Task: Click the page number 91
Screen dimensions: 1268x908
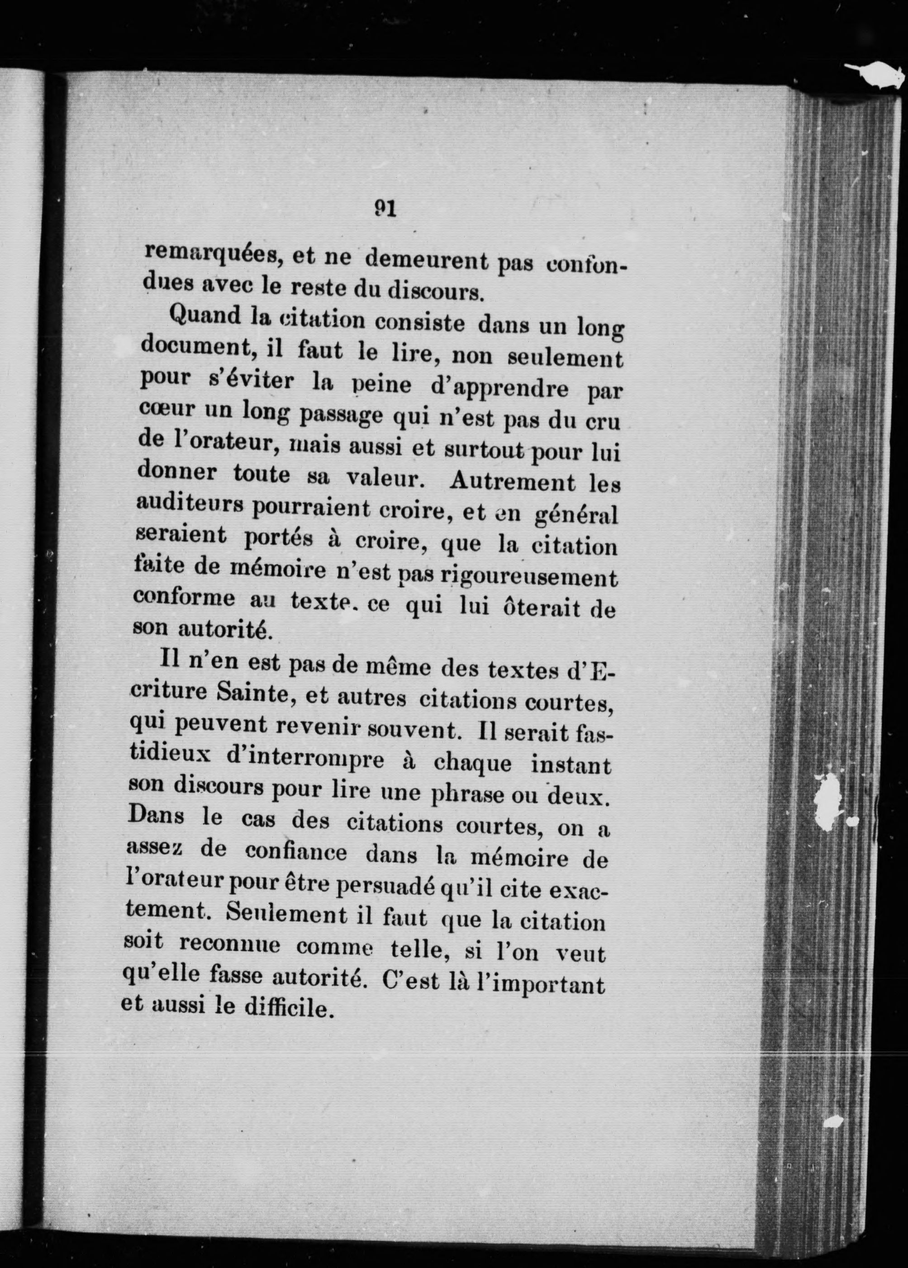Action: (385, 209)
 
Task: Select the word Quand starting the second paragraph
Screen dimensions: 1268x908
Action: (204, 317)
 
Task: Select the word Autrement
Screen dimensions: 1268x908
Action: (512, 482)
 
